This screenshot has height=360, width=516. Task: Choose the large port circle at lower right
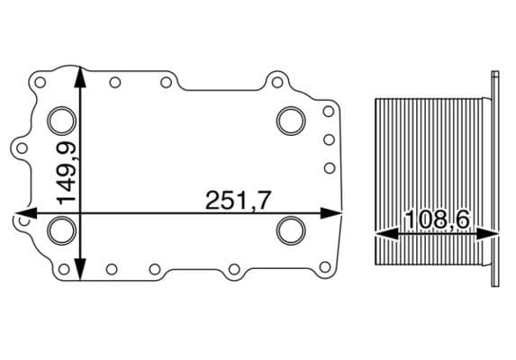pyautogui.click(x=290, y=229)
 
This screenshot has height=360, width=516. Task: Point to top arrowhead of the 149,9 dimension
pyautogui.click(x=81, y=74)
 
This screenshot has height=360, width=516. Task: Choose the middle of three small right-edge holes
pyautogui.click(x=329, y=139)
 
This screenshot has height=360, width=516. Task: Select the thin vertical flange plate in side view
pyautogui.click(x=496, y=180)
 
